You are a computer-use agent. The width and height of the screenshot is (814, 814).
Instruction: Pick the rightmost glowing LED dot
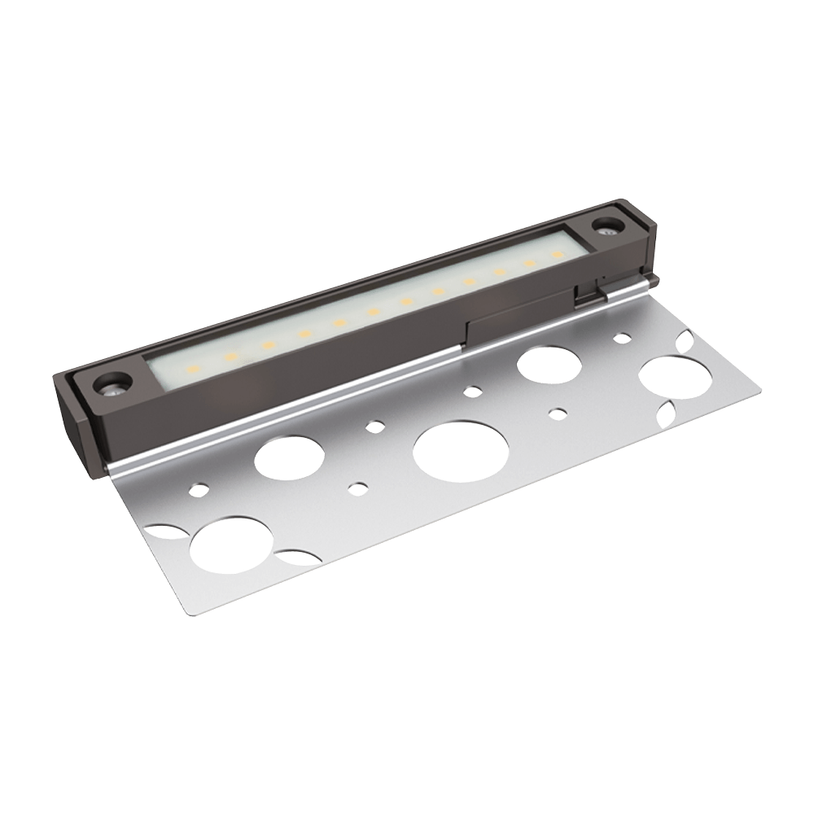(x=557, y=254)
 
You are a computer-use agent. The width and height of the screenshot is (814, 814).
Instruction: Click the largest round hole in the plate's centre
(x=460, y=452)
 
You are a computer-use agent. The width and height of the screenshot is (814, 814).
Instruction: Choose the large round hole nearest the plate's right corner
(x=672, y=377)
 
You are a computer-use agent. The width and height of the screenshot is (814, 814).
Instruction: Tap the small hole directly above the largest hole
(x=472, y=391)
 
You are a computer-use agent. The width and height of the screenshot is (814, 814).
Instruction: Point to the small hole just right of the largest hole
(x=558, y=414)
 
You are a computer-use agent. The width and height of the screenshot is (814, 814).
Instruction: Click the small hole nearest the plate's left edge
(x=196, y=490)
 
